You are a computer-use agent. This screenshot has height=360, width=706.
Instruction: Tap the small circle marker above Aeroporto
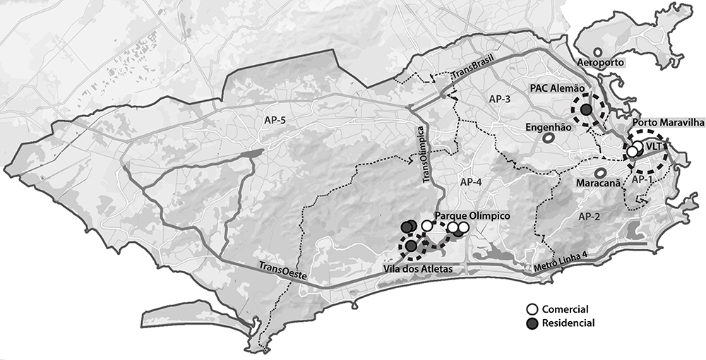click(598, 52)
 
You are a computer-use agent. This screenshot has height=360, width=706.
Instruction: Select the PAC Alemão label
click(558, 89)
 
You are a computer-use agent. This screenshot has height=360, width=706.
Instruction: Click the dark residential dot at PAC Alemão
click(586, 110)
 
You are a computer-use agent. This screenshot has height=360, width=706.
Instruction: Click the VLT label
click(654, 146)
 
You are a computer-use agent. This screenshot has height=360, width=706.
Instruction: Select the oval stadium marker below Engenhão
click(548, 139)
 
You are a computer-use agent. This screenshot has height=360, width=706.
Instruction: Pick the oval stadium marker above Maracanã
click(600, 172)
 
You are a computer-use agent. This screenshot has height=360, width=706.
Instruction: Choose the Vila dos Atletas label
click(417, 269)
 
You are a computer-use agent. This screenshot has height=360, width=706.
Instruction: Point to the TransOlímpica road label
click(426, 156)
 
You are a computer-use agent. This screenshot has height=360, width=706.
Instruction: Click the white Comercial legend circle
click(533, 310)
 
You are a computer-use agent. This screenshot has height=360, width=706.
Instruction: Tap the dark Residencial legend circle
click(533, 323)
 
